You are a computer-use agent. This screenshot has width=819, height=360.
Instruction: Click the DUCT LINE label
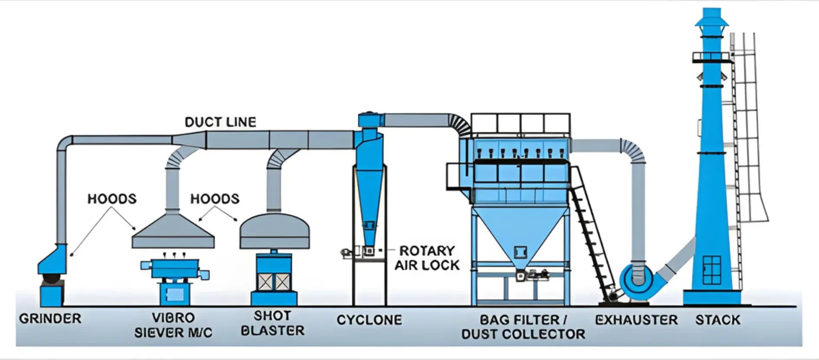(x=220, y=122)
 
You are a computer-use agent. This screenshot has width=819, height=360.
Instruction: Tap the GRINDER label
(x=50, y=318)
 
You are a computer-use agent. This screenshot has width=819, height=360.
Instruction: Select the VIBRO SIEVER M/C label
(x=173, y=325)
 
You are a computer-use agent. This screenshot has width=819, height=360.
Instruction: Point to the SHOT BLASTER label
(x=272, y=323)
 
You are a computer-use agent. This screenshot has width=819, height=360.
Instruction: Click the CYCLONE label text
(x=369, y=320)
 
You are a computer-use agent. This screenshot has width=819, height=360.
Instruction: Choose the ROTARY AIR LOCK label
(x=427, y=258)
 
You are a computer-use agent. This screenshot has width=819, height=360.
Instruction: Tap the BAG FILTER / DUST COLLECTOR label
(x=523, y=327)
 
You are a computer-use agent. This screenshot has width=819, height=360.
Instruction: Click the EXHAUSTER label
(x=636, y=320)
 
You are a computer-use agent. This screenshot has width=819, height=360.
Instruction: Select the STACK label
(x=717, y=320)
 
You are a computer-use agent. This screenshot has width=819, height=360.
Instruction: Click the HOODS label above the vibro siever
(x=112, y=199)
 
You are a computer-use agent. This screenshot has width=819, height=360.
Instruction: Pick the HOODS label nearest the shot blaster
(x=215, y=199)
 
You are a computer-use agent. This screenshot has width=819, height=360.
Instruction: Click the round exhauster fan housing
(x=636, y=280)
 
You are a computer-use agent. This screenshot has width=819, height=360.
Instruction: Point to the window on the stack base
(x=711, y=269)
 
